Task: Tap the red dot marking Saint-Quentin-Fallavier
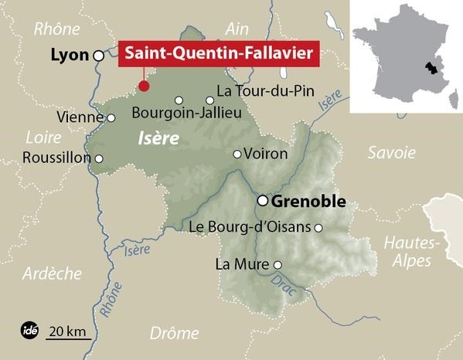(142, 86)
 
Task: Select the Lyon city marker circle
(98, 56)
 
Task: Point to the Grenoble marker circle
(263, 201)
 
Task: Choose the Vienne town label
(80, 118)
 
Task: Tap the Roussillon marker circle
(99, 158)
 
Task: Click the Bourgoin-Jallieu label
(188, 114)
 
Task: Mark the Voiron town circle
(237, 154)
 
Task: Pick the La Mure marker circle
(278, 265)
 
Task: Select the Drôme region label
(173, 334)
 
